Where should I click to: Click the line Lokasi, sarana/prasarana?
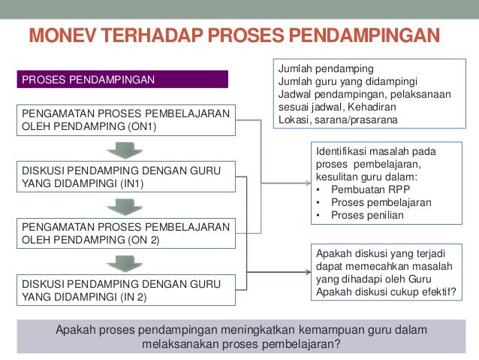(x=339, y=119)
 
